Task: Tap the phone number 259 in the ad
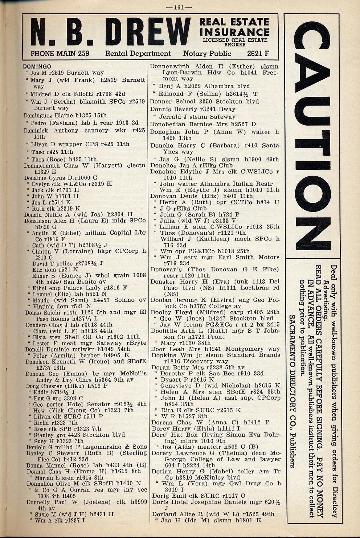coord(83,54)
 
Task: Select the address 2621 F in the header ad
coord(258,54)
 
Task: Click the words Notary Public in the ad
coord(207,54)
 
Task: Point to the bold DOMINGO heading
coord(37,67)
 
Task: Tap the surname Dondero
coord(37,325)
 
